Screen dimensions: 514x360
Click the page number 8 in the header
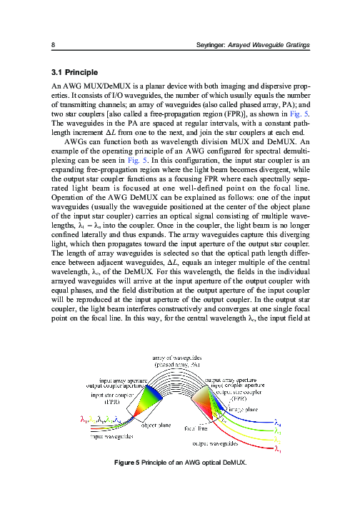(x=54, y=46)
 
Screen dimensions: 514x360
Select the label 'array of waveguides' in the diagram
(x=177, y=357)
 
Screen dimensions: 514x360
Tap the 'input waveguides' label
(x=109, y=437)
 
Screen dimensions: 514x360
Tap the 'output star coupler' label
(x=240, y=392)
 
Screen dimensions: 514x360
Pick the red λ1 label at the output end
(x=277, y=450)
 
